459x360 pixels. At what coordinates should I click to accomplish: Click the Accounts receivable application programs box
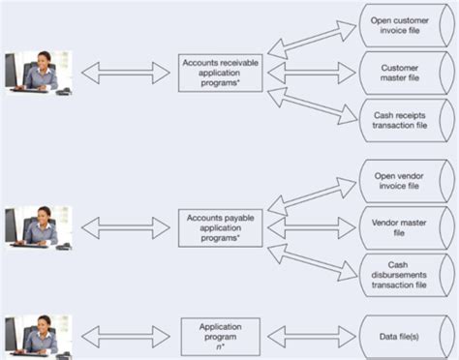coord(220,73)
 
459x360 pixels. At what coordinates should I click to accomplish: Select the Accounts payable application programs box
coord(220,226)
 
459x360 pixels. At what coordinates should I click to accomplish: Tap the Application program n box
coord(220,335)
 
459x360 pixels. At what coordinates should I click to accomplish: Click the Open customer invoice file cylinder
coord(401,24)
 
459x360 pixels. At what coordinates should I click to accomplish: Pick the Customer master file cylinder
coord(401,73)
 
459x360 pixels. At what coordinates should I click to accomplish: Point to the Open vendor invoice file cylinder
coord(401,180)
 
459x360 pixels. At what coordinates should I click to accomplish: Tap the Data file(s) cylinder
coord(401,335)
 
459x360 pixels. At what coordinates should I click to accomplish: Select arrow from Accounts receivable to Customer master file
coord(309,73)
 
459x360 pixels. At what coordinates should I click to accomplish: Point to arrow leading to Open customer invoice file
coord(310,40)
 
